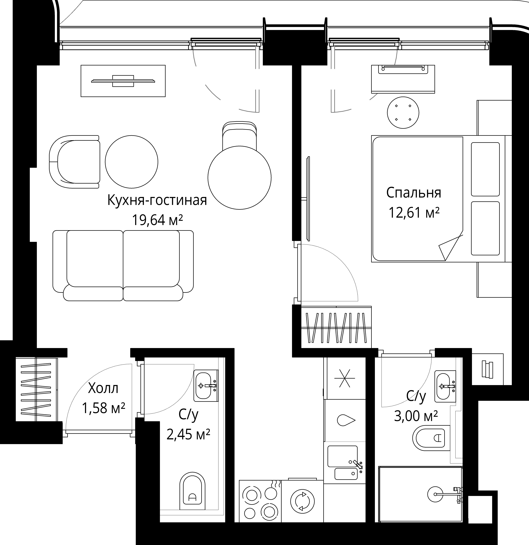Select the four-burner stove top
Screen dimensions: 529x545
coord(260,501)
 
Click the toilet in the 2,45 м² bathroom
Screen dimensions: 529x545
coord(192,491)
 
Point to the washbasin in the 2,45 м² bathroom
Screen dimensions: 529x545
coord(206,386)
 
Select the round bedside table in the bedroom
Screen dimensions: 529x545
coord(403,113)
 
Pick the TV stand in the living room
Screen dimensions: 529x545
coord(123,81)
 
